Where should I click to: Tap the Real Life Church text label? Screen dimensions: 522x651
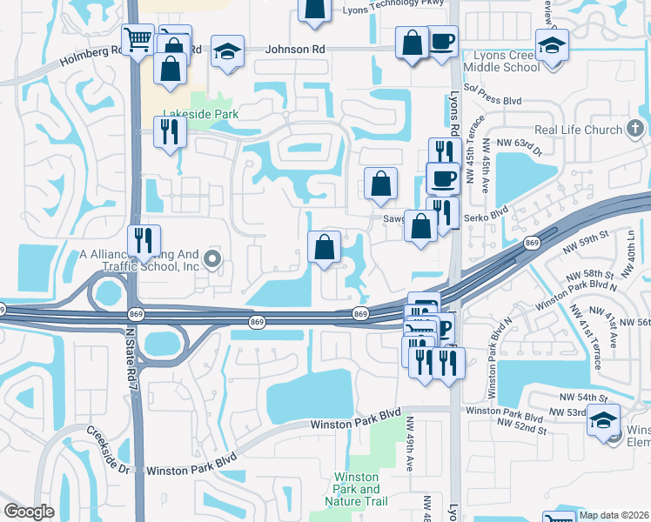pos(578,130)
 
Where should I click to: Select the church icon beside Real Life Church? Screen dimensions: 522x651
pos(636,130)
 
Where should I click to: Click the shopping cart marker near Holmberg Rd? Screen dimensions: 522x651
pos(138,38)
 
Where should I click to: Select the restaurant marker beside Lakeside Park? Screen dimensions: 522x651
pos(168,130)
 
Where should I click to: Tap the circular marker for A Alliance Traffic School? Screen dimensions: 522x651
pos(214,255)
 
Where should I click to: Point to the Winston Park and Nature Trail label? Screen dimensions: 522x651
pos(357,489)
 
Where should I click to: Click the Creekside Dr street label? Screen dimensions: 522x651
pos(109,449)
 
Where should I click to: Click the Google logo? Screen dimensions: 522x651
pos(30,512)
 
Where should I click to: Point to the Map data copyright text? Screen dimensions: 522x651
pos(614,515)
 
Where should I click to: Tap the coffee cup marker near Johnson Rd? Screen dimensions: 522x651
pos(442,42)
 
